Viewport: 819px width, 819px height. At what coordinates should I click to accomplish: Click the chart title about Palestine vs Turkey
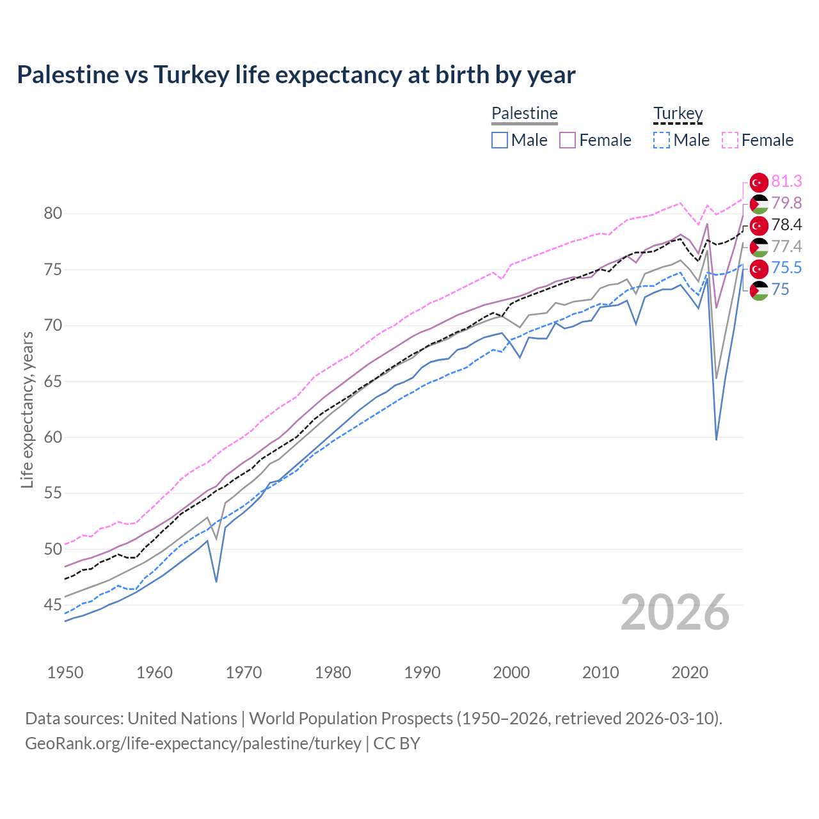pyautogui.click(x=296, y=75)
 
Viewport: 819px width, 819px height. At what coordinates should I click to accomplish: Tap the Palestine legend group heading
pyautogui.click(x=525, y=114)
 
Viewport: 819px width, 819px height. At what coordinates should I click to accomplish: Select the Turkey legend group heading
pyautogui.click(x=678, y=114)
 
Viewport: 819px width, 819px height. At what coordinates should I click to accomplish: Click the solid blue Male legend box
pyautogui.click(x=500, y=140)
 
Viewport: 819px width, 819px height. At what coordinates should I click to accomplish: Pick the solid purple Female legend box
pyautogui.click(x=568, y=140)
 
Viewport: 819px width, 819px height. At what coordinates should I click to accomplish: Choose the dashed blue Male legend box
pyautogui.click(x=662, y=140)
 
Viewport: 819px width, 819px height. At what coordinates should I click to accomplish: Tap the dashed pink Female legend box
pyautogui.click(x=729, y=140)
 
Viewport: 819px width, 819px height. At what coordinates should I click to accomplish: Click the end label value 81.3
pyautogui.click(x=786, y=182)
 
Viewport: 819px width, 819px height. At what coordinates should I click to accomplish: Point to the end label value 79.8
pyautogui.click(x=786, y=203)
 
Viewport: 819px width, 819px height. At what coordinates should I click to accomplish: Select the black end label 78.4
pyautogui.click(x=786, y=225)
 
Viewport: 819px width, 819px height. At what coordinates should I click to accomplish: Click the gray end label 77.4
pyautogui.click(x=786, y=247)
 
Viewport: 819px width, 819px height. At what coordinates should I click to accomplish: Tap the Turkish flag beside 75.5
pyautogui.click(x=759, y=269)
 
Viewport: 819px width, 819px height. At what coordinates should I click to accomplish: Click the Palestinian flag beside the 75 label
pyautogui.click(x=759, y=290)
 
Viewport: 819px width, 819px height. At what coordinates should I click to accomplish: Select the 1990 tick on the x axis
pyautogui.click(x=422, y=672)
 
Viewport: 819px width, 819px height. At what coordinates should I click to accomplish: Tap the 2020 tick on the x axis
pyautogui.click(x=690, y=672)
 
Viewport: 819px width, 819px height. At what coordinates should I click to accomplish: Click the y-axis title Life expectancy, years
pyautogui.click(x=27, y=409)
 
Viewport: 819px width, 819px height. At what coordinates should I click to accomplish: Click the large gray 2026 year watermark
pyautogui.click(x=675, y=612)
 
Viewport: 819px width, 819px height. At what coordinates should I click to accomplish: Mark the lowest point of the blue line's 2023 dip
pyautogui.click(x=716, y=440)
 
